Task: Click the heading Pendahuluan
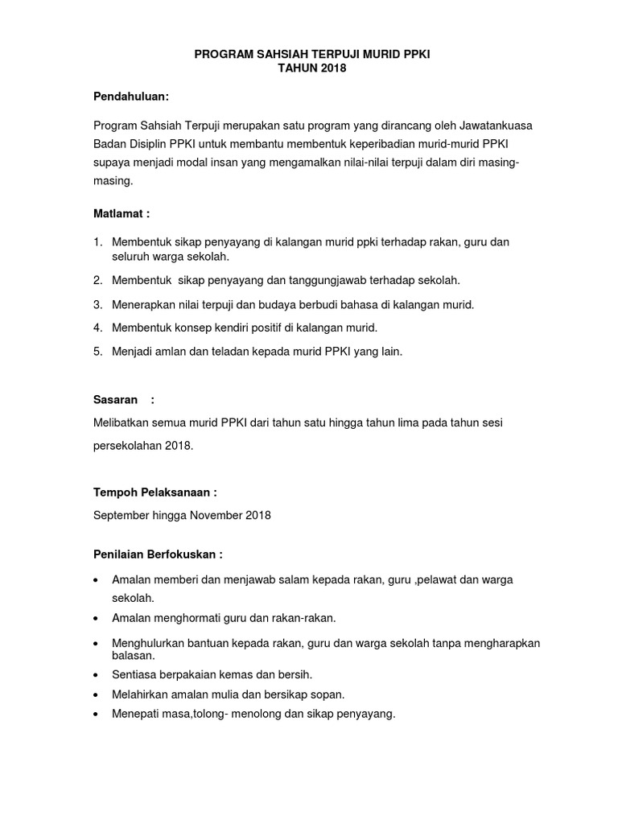click(x=130, y=97)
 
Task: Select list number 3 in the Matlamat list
click(x=97, y=304)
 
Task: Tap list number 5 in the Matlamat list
click(x=97, y=351)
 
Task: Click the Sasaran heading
click(x=115, y=400)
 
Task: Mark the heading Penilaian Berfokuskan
click(x=158, y=554)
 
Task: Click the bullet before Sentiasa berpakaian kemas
click(x=97, y=674)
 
